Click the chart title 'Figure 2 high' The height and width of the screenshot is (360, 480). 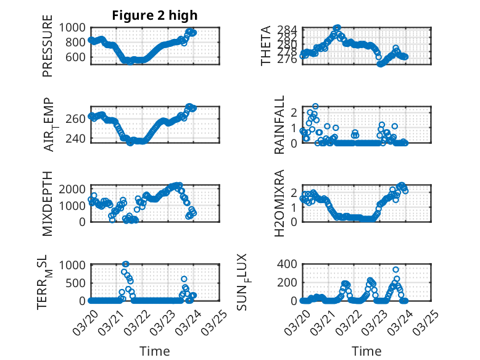(x=155, y=15)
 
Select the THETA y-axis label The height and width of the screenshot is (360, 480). (x=266, y=46)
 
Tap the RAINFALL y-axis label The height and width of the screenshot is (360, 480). (x=280, y=125)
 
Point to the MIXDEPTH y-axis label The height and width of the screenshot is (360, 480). (x=48, y=203)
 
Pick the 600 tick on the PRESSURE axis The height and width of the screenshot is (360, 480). (x=79, y=57)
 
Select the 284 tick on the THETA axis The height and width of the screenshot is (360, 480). (x=292, y=30)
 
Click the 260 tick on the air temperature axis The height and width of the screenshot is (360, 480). (x=79, y=119)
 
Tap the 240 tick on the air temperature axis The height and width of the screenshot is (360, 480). (x=79, y=138)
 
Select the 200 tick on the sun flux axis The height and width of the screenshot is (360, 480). (x=289, y=282)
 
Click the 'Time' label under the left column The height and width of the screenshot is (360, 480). (x=155, y=351)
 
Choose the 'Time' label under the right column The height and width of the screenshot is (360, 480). (x=366, y=351)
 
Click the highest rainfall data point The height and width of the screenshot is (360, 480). (x=315, y=107)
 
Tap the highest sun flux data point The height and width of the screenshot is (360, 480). (x=395, y=270)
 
